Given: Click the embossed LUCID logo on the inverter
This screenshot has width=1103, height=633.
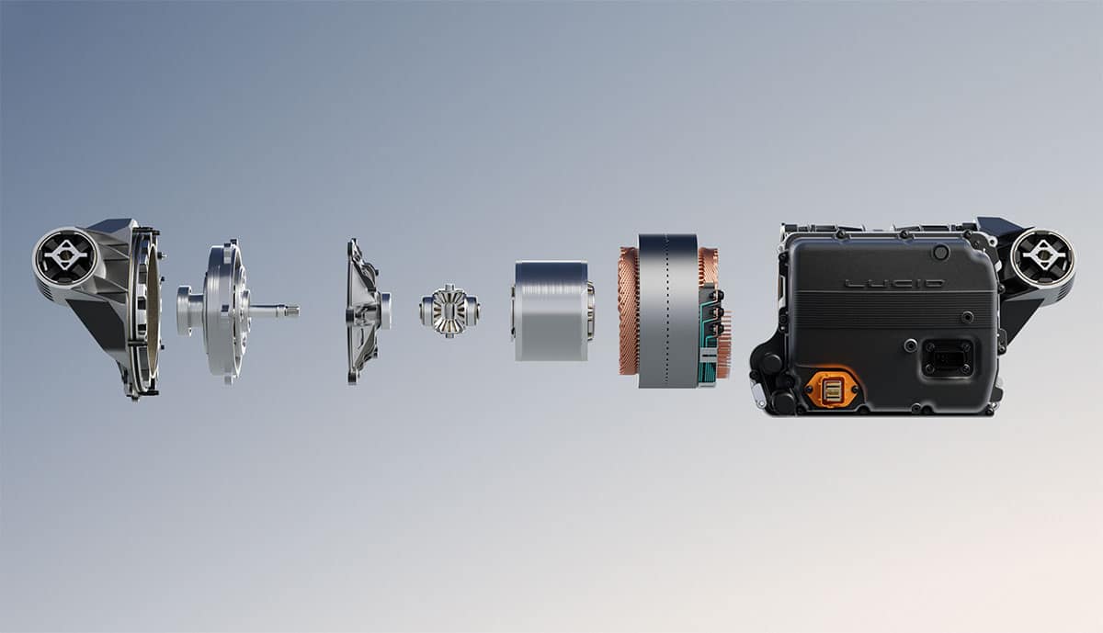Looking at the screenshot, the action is (893, 284).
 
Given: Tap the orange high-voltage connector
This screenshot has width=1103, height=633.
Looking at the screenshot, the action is (831, 390).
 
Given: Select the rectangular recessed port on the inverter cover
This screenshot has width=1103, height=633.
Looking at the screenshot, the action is (948, 358).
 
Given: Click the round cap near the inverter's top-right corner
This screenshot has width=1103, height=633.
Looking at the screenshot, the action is (940, 253).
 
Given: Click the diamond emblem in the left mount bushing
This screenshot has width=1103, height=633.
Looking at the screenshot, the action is (65, 255).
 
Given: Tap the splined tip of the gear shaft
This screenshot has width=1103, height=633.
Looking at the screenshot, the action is (292, 311).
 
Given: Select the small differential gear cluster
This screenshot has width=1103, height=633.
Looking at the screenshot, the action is (450, 311).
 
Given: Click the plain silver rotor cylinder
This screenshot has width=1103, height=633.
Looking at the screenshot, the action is (552, 311).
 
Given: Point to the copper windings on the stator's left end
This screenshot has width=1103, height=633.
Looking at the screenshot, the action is (629, 311).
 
